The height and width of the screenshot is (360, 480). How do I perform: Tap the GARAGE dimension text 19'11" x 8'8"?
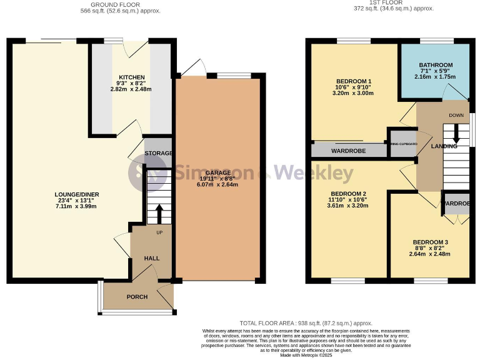click(214, 179)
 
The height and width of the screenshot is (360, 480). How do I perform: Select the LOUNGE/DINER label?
click(77, 194)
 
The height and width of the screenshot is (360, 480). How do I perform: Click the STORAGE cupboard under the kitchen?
click(158, 153)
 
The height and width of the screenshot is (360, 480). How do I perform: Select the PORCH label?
click(137, 296)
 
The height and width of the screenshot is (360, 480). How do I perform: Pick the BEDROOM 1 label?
click(354, 81)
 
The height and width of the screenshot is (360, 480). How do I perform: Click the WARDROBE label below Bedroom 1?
click(349, 151)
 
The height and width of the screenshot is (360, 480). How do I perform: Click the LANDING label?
click(444, 146)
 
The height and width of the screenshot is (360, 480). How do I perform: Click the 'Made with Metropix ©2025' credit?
click(306, 356)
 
